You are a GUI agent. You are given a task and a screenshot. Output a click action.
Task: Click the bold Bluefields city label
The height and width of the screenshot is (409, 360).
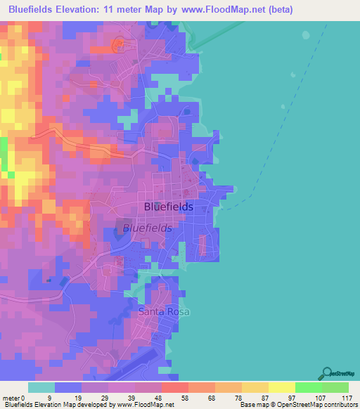pyautogui.click(x=168, y=207)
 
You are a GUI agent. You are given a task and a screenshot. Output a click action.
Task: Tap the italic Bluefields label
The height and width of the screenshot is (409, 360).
pyautogui.click(x=147, y=228)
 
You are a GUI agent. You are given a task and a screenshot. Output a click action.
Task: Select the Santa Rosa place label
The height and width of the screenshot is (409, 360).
pyautogui.click(x=164, y=311)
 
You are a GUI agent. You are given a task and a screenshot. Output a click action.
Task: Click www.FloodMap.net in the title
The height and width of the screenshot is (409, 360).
pyautogui.click(x=221, y=10)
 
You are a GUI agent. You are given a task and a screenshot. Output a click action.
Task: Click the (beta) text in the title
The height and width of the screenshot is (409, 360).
pyautogui.click(x=277, y=10)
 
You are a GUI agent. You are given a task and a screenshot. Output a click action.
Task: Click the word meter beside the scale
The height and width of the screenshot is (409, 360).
pyautogui.click(x=11, y=398)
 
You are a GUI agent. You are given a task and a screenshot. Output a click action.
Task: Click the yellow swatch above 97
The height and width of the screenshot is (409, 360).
pyautogui.click(x=282, y=387)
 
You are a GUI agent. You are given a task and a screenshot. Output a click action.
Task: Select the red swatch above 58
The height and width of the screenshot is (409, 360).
pyautogui.click(x=174, y=387)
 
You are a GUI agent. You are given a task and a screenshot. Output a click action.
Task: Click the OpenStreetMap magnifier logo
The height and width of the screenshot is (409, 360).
pyautogui.click(x=327, y=373)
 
